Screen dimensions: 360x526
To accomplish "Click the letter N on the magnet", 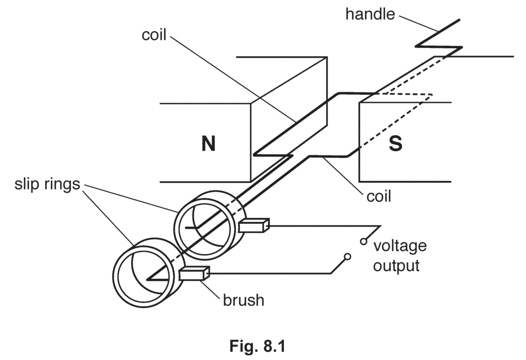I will (208, 144).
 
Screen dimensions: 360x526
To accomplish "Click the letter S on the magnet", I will (395, 144).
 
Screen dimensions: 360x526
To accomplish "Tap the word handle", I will (370, 14).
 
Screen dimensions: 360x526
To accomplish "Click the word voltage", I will (400, 245).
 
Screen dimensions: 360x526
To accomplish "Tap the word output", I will (396, 266).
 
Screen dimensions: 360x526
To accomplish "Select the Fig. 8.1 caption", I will (257, 346).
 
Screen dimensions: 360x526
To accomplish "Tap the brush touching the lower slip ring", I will (195, 274).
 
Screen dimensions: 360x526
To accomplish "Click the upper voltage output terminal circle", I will (364, 241).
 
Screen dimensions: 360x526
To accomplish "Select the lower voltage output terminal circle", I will (347, 256).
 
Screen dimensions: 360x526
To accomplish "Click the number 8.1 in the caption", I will (272, 346).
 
